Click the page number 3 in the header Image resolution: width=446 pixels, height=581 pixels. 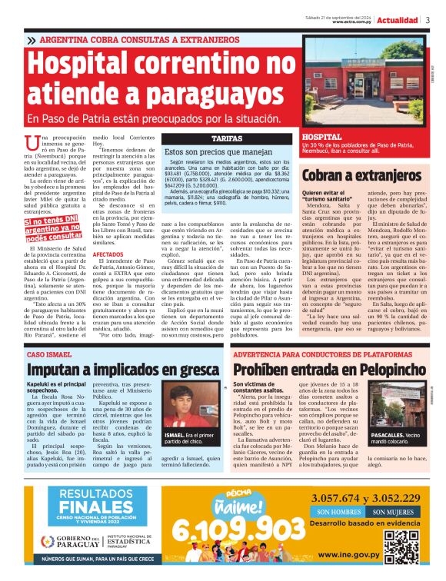point(428,20)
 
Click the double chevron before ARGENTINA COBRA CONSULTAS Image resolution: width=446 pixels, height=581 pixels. point(30,39)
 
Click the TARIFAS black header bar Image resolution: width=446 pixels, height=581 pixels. point(227,138)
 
